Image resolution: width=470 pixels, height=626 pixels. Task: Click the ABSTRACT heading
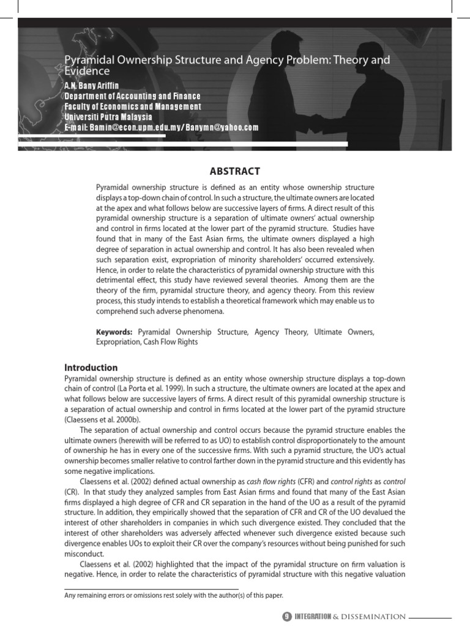[x=235, y=171]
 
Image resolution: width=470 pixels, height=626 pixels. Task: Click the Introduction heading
[x=91, y=367]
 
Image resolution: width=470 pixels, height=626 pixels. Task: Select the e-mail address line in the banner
[x=162, y=127]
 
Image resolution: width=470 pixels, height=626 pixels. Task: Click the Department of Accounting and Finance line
[x=132, y=96]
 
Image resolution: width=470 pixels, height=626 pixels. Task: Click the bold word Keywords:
[x=114, y=332]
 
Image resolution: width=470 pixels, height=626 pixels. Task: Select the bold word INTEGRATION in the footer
[x=312, y=617]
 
